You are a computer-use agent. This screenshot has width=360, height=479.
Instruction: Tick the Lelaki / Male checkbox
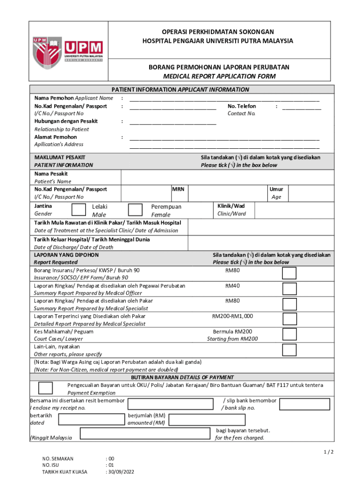79,210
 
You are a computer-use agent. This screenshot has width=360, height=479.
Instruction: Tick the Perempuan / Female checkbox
135,210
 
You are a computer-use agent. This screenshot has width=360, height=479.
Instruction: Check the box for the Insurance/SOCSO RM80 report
289,274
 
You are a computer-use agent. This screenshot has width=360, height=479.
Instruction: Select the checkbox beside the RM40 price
289,289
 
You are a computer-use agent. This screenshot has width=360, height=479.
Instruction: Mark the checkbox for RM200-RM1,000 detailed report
289,319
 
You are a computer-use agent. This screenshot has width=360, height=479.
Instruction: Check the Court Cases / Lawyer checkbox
289,334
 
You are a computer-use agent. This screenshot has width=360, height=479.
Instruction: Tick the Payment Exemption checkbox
45,388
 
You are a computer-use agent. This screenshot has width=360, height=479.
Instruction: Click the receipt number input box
173,404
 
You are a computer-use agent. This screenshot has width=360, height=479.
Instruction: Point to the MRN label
178,189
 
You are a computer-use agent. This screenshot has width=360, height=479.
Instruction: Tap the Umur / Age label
276,193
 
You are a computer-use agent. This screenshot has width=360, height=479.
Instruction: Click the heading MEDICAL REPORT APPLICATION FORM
219,76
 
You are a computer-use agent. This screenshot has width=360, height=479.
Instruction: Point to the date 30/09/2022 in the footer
121,472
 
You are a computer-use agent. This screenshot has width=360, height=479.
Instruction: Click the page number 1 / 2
329,452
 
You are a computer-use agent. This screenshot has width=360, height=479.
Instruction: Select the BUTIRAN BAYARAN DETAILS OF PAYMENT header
182,377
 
